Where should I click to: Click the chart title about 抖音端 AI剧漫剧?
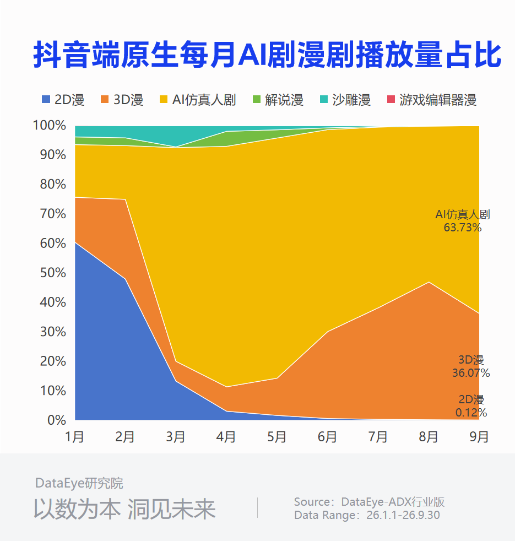(x=267, y=55)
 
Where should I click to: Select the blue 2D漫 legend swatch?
(x=46, y=99)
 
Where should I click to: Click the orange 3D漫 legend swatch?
(x=105, y=99)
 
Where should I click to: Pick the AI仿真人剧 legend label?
(x=204, y=100)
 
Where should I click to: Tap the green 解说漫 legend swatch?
(x=257, y=99)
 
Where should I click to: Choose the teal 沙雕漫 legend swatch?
(x=323, y=99)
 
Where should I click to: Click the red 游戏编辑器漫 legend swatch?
(x=391, y=99)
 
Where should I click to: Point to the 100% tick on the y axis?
(x=50, y=125)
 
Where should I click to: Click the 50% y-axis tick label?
(x=53, y=273)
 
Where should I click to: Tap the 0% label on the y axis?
(x=57, y=420)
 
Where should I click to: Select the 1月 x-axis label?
(x=75, y=437)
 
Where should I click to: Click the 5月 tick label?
(x=277, y=437)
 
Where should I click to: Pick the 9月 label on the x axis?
(x=479, y=437)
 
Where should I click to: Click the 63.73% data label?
(x=463, y=228)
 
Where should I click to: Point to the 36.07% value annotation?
(x=471, y=372)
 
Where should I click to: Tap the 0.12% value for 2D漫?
(x=471, y=412)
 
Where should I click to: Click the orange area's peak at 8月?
(x=429, y=282)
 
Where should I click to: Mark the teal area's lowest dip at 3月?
(x=176, y=147)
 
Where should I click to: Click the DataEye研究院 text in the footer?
(x=79, y=483)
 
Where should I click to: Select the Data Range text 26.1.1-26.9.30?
(x=403, y=515)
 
